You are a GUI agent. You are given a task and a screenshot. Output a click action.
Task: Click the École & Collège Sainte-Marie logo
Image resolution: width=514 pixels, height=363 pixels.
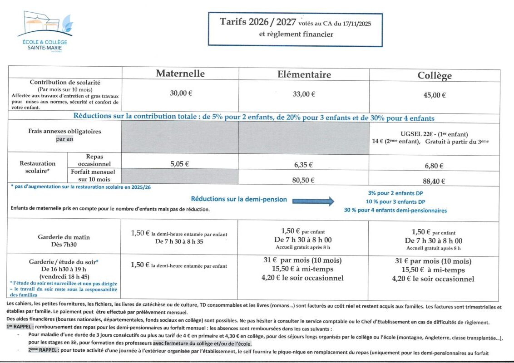point(44,32)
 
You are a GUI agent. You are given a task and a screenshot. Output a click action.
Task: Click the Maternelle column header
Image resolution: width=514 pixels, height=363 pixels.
point(180,74)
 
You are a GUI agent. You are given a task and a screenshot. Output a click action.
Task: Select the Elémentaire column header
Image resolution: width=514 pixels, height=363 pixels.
point(304,74)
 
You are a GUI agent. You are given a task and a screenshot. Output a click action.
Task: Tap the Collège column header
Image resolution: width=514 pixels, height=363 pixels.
point(435,76)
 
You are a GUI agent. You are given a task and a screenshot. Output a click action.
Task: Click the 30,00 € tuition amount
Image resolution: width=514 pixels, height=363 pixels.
point(181,93)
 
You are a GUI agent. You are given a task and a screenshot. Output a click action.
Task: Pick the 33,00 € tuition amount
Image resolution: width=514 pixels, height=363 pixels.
point(304,94)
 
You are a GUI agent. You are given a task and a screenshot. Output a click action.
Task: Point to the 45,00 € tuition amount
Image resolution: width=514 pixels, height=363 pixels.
point(435,95)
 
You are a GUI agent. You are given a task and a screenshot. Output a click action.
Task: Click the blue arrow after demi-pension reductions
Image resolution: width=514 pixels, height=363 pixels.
point(313,201)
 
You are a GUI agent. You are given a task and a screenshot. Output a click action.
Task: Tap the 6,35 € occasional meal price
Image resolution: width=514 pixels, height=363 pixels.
point(304,166)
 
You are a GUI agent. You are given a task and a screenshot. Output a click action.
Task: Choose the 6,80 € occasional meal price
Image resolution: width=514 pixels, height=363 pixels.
point(434,166)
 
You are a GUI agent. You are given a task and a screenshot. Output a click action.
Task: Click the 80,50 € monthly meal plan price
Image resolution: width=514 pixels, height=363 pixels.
point(304,180)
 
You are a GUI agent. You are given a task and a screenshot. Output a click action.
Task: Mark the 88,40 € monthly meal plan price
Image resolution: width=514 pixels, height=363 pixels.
point(434,181)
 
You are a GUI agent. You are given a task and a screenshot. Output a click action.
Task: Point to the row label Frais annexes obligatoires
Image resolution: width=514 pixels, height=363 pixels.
point(64,131)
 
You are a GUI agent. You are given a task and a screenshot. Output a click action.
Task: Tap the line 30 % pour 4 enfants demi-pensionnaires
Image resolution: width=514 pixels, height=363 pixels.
point(395,211)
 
